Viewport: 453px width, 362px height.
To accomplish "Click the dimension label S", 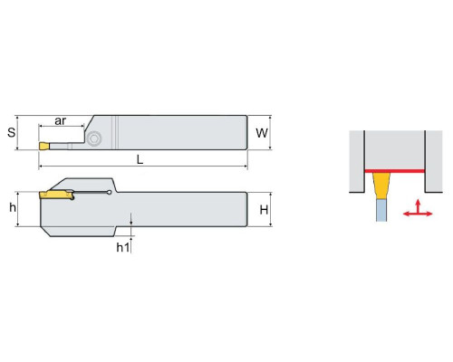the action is point(12,132).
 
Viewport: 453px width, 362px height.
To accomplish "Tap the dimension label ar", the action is point(60,120).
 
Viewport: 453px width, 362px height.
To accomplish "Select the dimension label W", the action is point(262,133).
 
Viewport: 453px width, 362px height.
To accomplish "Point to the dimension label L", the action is point(140,159).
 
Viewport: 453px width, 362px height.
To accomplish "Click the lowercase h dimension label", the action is point(13,207).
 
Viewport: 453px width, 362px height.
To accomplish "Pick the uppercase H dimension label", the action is point(264,210).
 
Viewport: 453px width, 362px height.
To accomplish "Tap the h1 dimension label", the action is point(123,247).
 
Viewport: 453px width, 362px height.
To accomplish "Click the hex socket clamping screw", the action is point(93,138).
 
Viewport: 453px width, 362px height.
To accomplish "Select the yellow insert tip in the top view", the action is point(44,146).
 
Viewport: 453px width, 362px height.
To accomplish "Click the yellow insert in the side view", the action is point(57,195).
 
